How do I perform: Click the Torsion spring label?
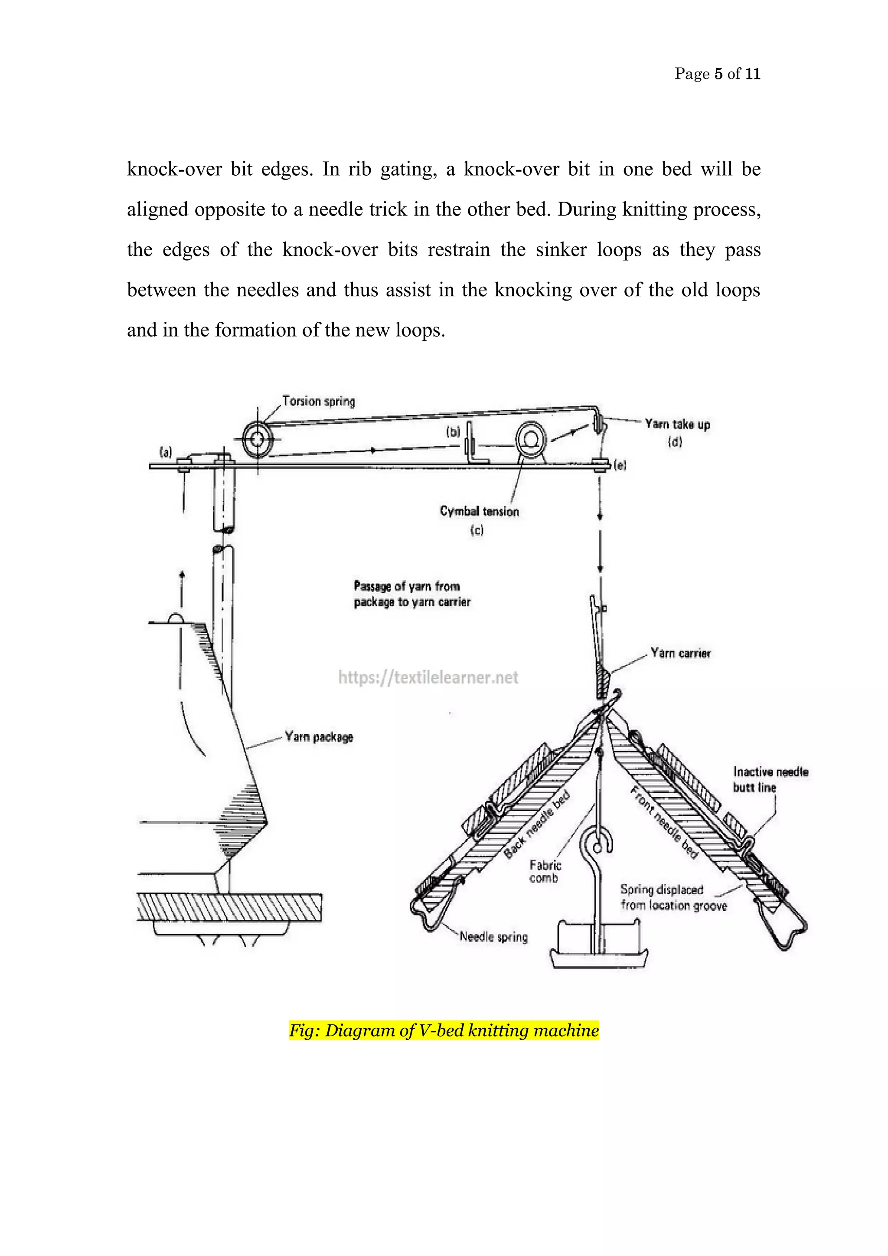pyautogui.click(x=319, y=402)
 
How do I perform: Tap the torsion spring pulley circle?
pyautogui.click(x=257, y=439)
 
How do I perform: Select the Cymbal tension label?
pyautogui.click(x=480, y=511)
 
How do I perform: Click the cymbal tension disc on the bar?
pyautogui.click(x=530, y=439)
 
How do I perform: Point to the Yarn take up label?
pyautogui.click(x=677, y=425)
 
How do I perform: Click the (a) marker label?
pyautogui.click(x=166, y=452)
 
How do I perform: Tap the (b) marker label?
pyautogui.click(x=453, y=432)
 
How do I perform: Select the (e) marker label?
pyautogui.click(x=620, y=465)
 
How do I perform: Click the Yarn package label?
pyautogui.click(x=319, y=737)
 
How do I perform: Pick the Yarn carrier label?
pyautogui.click(x=680, y=653)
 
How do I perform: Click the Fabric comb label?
pyautogui.click(x=545, y=871)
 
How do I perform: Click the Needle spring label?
pyautogui.click(x=493, y=937)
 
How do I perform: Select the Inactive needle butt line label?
pyautogui.click(x=770, y=779)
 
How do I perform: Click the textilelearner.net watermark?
pyautogui.click(x=428, y=678)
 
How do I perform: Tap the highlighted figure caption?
pyautogui.click(x=444, y=1030)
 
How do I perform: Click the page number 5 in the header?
pyautogui.click(x=718, y=74)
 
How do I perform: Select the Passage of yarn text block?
pyautogui.click(x=412, y=594)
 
